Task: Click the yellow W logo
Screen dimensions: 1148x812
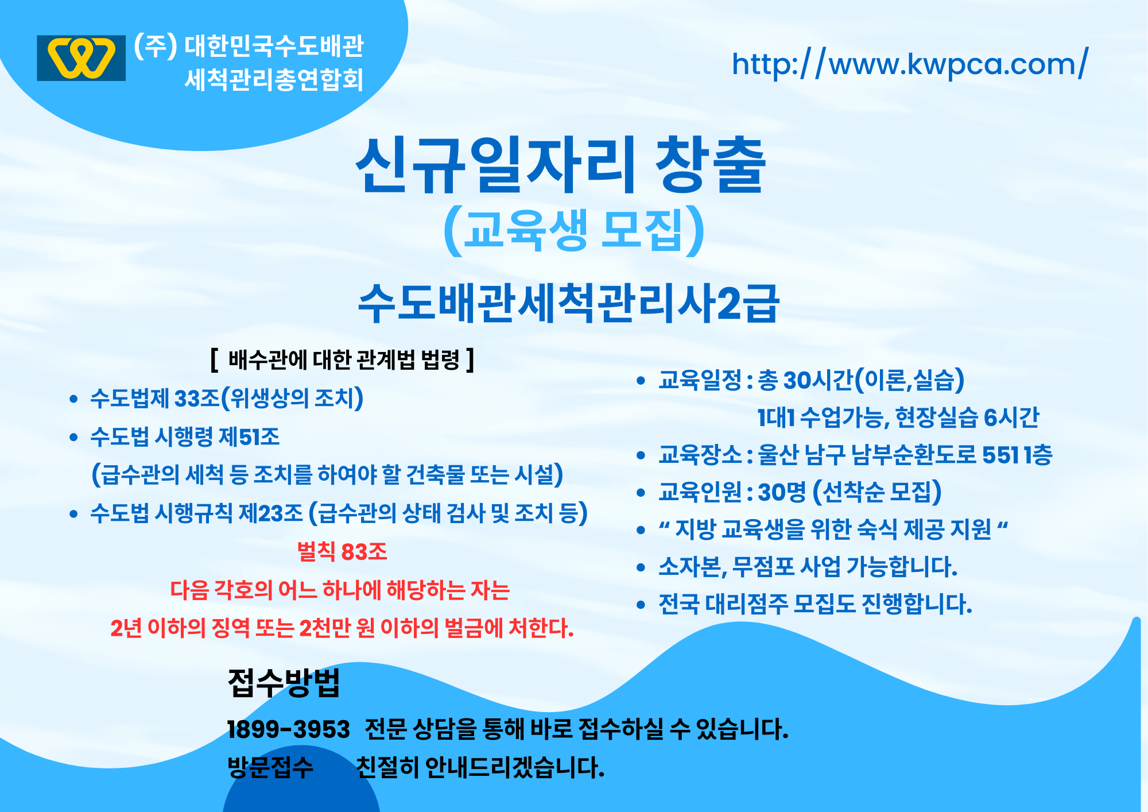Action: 81,58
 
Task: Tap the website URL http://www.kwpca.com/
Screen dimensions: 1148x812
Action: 910,64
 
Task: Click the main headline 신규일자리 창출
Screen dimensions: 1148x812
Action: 561,165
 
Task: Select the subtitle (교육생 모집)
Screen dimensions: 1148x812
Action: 574,231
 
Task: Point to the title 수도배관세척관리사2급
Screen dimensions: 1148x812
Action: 568,303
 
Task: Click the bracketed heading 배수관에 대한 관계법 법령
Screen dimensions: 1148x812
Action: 343,360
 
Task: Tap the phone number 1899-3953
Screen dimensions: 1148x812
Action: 288,729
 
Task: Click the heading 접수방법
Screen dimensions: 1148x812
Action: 284,682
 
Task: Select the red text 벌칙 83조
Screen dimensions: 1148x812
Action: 342,552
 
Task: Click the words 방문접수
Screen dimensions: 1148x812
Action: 270,767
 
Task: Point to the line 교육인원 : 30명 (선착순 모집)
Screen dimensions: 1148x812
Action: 800,492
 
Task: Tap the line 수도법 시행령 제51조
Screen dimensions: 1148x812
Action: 185,437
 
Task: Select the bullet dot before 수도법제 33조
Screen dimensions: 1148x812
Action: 73,399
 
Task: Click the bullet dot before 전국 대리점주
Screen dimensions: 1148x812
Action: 641,605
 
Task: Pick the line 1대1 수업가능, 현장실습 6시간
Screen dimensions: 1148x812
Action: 898,417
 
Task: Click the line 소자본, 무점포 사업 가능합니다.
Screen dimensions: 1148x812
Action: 808,567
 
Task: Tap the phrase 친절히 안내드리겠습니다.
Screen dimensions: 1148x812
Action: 480,767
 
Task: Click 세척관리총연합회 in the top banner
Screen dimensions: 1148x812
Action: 274,80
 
